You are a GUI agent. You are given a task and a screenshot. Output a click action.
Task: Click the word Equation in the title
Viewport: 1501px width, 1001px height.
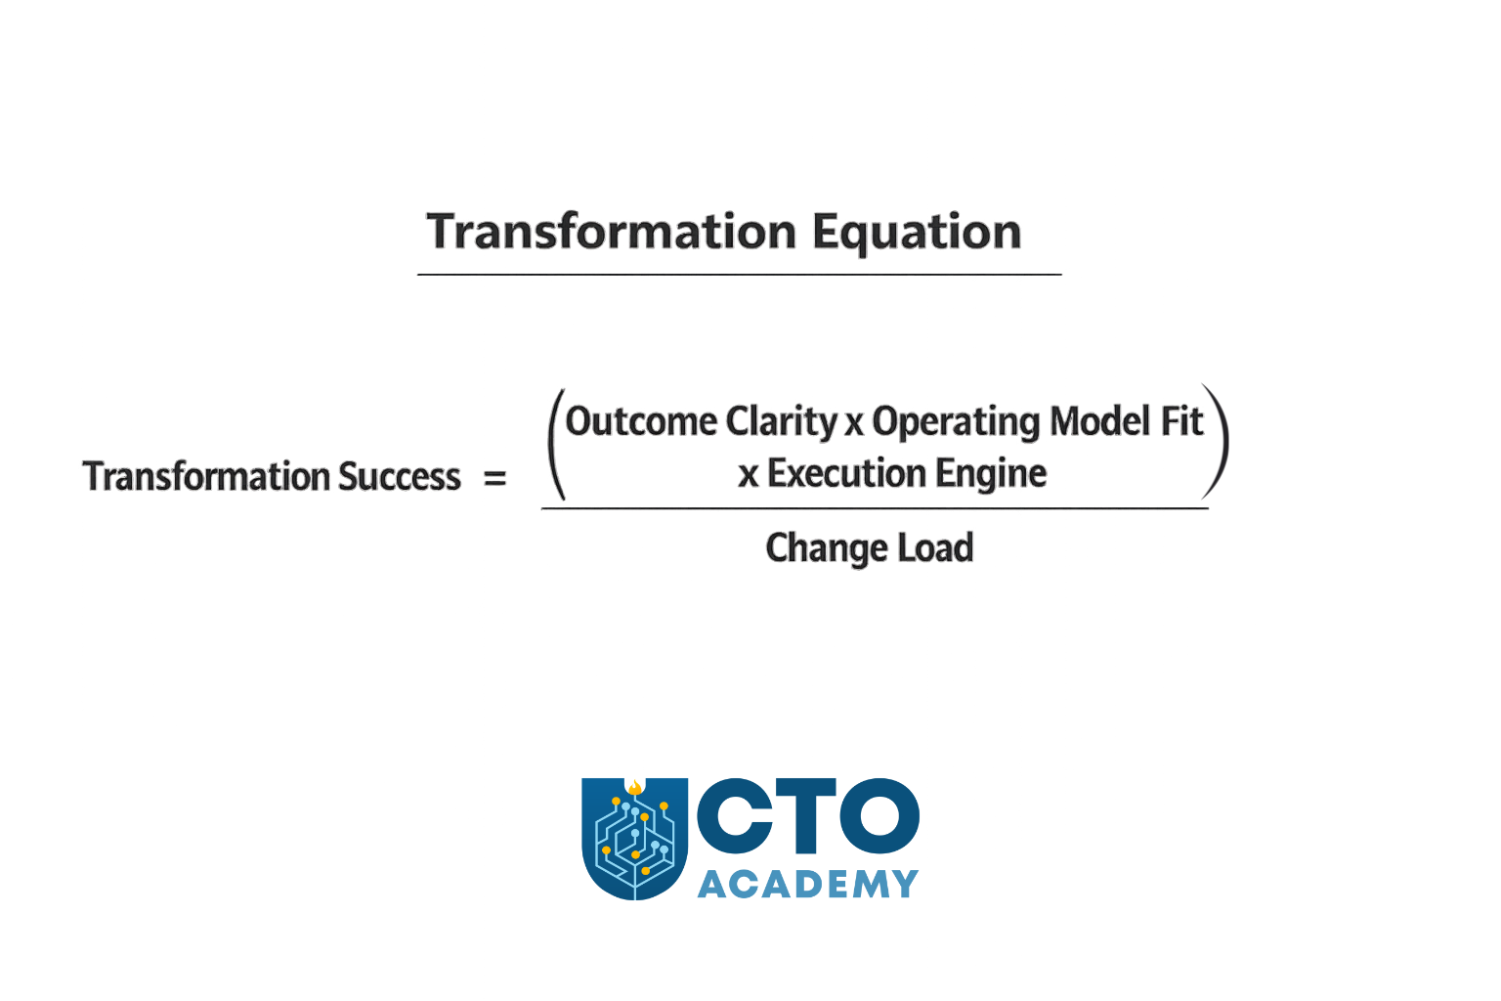(x=917, y=234)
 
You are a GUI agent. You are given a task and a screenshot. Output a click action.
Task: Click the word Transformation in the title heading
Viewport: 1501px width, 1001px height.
(x=612, y=233)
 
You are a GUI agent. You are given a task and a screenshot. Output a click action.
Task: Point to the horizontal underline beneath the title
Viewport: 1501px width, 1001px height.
(x=739, y=275)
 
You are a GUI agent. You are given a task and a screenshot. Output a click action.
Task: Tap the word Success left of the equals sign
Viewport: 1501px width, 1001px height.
(x=399, y=477)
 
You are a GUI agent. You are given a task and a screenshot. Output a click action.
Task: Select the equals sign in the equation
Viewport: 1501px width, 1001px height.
(x=495, y=478)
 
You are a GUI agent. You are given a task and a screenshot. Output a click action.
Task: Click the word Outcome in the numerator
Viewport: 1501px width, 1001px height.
(x=641, y=422)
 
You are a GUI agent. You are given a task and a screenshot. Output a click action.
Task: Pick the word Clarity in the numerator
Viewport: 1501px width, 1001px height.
(x=782, y=422)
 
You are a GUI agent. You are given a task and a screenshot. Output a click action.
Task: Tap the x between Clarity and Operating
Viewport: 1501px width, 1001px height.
(x=854, y=424)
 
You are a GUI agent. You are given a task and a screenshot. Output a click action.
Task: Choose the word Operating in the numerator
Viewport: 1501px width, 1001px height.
(x=956, y=422)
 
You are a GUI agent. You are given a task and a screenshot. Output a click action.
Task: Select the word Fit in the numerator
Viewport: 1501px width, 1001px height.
(x=1181, y=422)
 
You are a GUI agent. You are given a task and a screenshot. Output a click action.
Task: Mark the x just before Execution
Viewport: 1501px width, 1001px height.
(x=749, y=476)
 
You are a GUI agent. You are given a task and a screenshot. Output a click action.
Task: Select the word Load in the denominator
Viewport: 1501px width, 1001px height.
(x=935, y=548)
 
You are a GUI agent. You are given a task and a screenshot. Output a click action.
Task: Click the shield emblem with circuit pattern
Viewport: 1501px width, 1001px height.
(x=634, y=838)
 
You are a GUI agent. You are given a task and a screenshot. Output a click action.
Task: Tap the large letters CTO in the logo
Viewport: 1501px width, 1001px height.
(x=807, y=816)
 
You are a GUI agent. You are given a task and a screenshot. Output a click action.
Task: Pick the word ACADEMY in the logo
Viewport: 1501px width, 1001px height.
(x=807, y=885)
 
